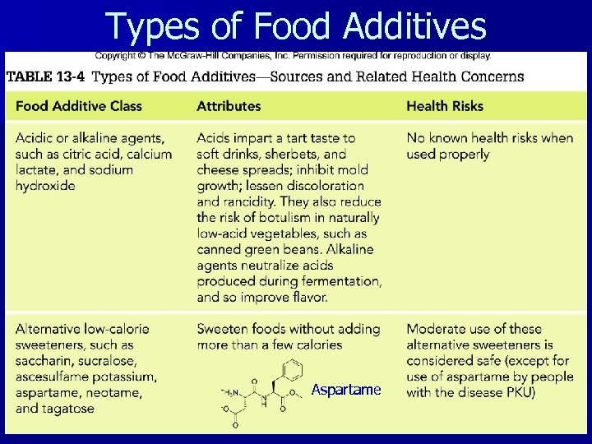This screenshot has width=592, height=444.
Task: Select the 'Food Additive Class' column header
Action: click(x=79, y=106)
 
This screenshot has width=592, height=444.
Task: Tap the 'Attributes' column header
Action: click(x=229, y=106)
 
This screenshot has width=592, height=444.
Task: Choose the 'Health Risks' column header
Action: click(x=445, y=106)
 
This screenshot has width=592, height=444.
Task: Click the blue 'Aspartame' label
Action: click(x=346, y=390)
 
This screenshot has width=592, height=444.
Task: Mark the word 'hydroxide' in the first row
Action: click(x=45, y=186)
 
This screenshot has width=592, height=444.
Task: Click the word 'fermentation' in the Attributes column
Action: click(x=340, y=282)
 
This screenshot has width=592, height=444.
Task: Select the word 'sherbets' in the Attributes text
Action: click(x=301, y=154)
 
